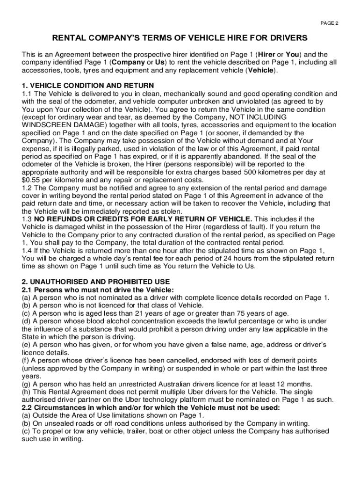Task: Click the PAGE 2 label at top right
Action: click(329, 23)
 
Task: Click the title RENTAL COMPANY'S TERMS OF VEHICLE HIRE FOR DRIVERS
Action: click(180, 38)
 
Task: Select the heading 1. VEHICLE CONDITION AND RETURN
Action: click(88, 85)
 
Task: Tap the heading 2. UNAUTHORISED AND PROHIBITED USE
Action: click(96, 282)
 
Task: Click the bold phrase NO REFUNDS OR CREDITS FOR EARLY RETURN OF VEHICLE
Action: click(143, 219)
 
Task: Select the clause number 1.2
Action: click(27, 188)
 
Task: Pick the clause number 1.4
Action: click(27, 251)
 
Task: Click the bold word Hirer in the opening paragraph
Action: click(267, 54)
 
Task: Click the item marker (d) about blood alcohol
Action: click(26, 321)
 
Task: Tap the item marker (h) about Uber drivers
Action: click(26, 392)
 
